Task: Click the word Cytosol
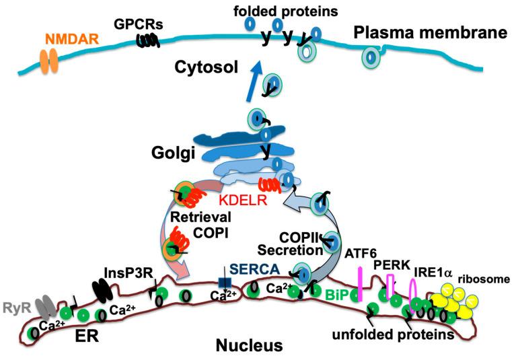[x=200, y=68]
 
